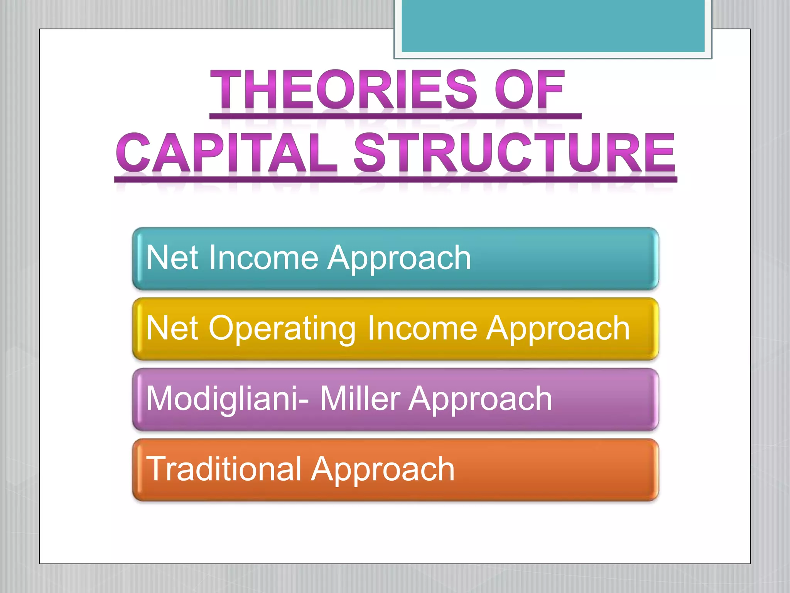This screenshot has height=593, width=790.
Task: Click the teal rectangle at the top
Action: tap(553, 26)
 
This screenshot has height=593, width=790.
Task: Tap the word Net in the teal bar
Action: tap(172, 258)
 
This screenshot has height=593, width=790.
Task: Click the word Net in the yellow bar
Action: tap(172, 328)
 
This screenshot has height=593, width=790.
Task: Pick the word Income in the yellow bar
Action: tap(422, 328)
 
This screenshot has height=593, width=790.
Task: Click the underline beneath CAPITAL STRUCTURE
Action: tap(395, 180)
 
